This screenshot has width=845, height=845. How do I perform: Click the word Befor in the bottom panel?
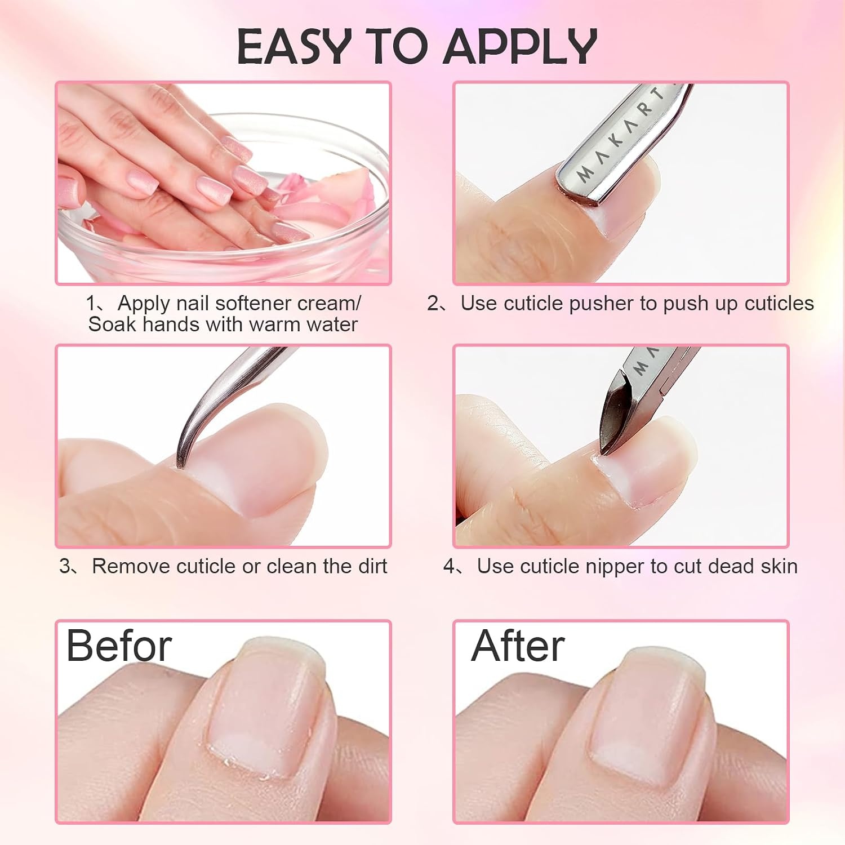119,646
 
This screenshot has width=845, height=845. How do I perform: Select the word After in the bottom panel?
518,646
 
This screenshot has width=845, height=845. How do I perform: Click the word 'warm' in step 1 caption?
274,324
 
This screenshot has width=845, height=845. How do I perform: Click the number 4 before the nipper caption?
449,566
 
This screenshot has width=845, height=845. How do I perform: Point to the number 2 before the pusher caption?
433,304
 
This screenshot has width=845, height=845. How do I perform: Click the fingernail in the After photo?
642,721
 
